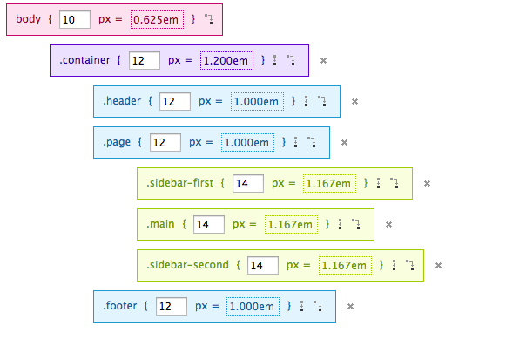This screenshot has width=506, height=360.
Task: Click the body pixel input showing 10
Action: (75, 20)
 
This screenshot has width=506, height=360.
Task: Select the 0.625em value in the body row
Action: (157, 20)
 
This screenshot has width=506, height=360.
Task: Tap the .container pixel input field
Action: (145, 60)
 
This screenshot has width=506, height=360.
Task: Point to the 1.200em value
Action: (226, 60)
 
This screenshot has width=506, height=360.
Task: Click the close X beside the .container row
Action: (323, 60)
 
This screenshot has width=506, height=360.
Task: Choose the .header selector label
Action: (122, 101)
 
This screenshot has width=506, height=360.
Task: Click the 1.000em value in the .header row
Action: (258, 101)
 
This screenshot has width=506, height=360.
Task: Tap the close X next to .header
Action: (354, 101)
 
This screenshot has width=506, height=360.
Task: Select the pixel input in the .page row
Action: (165, 142)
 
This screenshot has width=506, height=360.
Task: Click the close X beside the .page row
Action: (344, 142)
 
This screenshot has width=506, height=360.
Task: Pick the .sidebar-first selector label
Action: (179, 183)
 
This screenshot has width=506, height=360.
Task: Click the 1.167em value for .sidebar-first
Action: (329, 183)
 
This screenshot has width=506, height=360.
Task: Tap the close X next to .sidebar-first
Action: (427, 183)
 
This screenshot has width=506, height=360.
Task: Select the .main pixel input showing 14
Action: (209, 224)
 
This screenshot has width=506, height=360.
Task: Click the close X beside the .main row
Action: (388, 224)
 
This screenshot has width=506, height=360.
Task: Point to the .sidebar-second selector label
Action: (187, 265)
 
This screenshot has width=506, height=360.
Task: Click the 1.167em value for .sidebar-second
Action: (345, 265)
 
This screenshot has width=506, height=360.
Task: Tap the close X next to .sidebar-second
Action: (438, 265)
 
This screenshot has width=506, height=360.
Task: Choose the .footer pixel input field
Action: (172, 307)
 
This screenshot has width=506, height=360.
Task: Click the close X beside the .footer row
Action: (350, 307)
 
